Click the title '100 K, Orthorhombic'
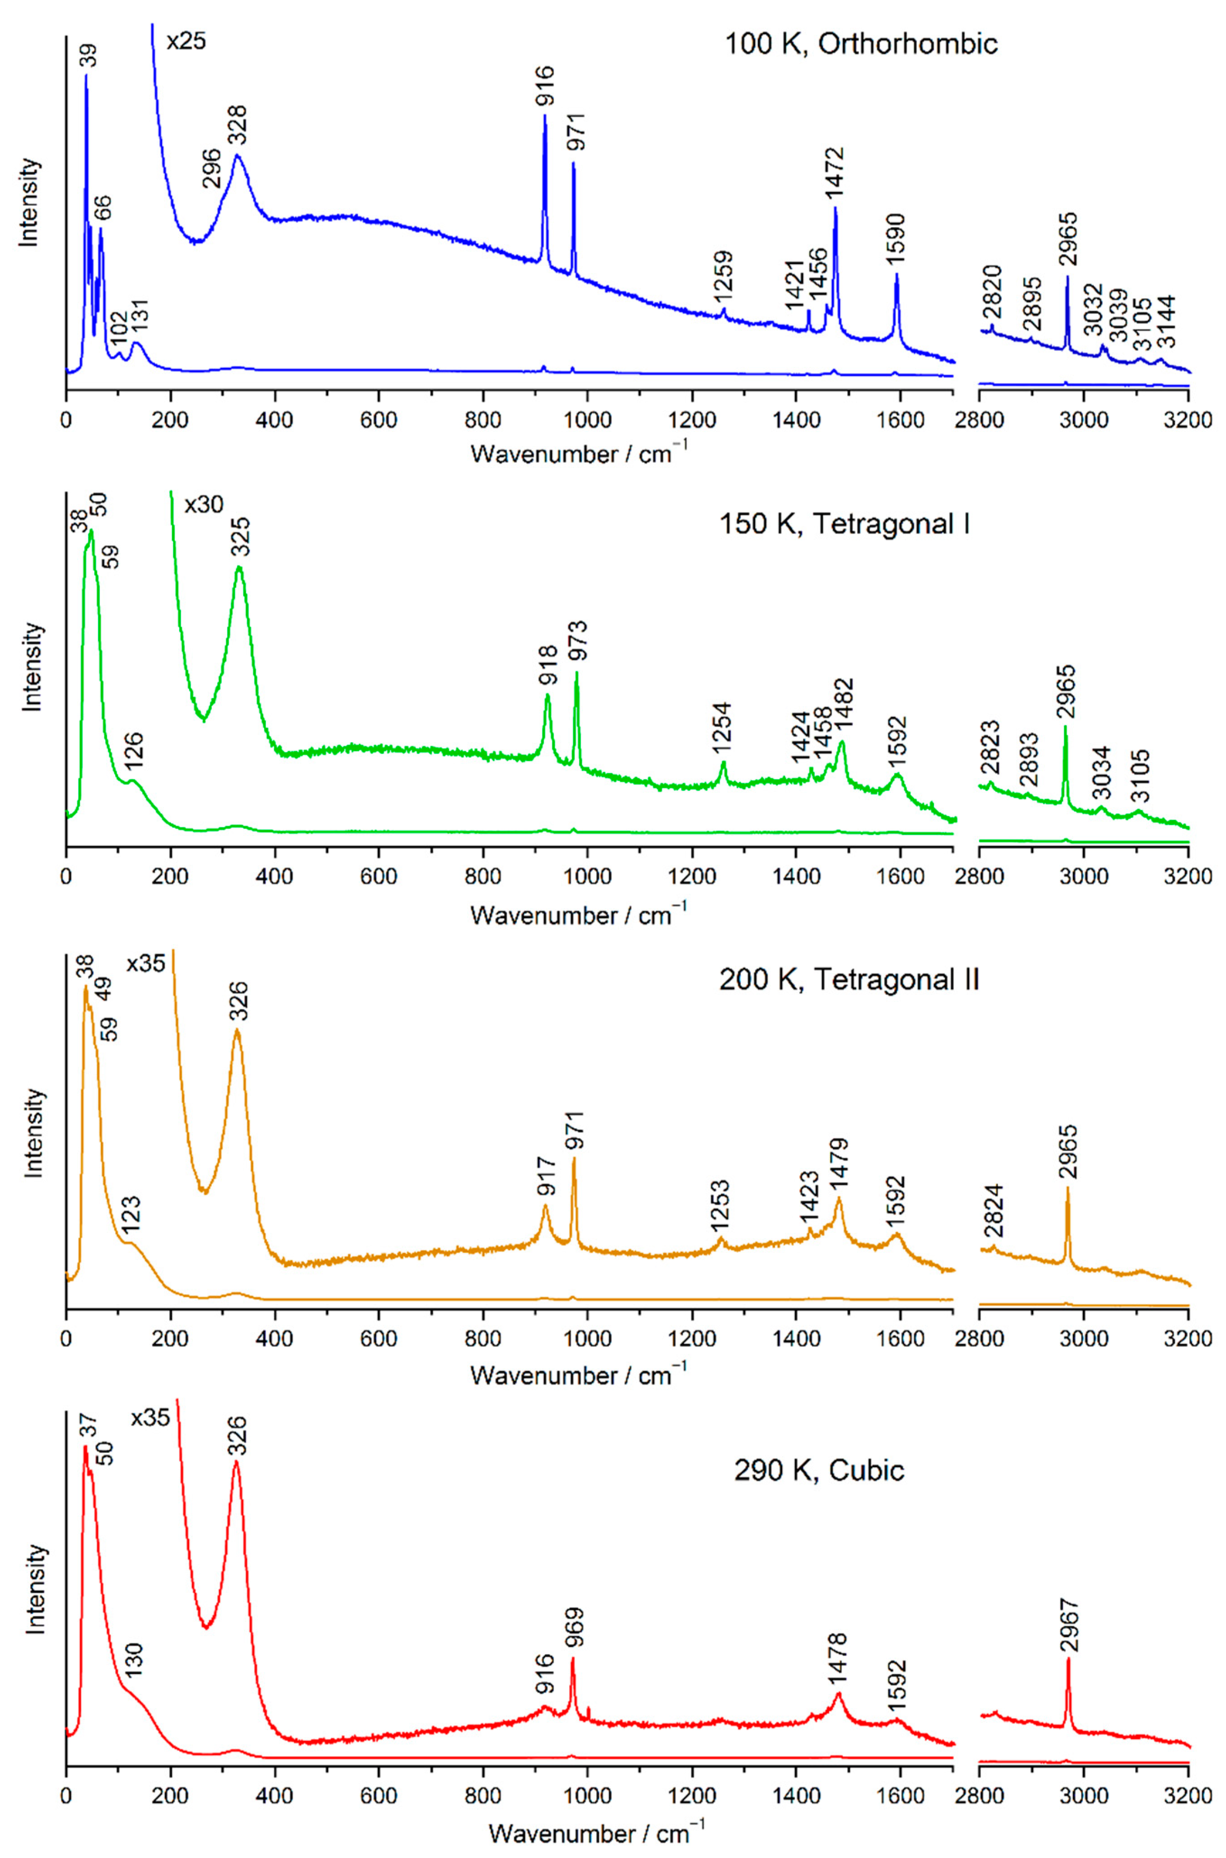pyautogui.click(x=861, y=43)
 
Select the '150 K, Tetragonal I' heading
pyautogui.click(x=844, y=524)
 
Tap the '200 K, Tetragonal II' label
pyautogui.click(x=848, y=979)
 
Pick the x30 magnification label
pyautogui.click(x=204, y=504)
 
